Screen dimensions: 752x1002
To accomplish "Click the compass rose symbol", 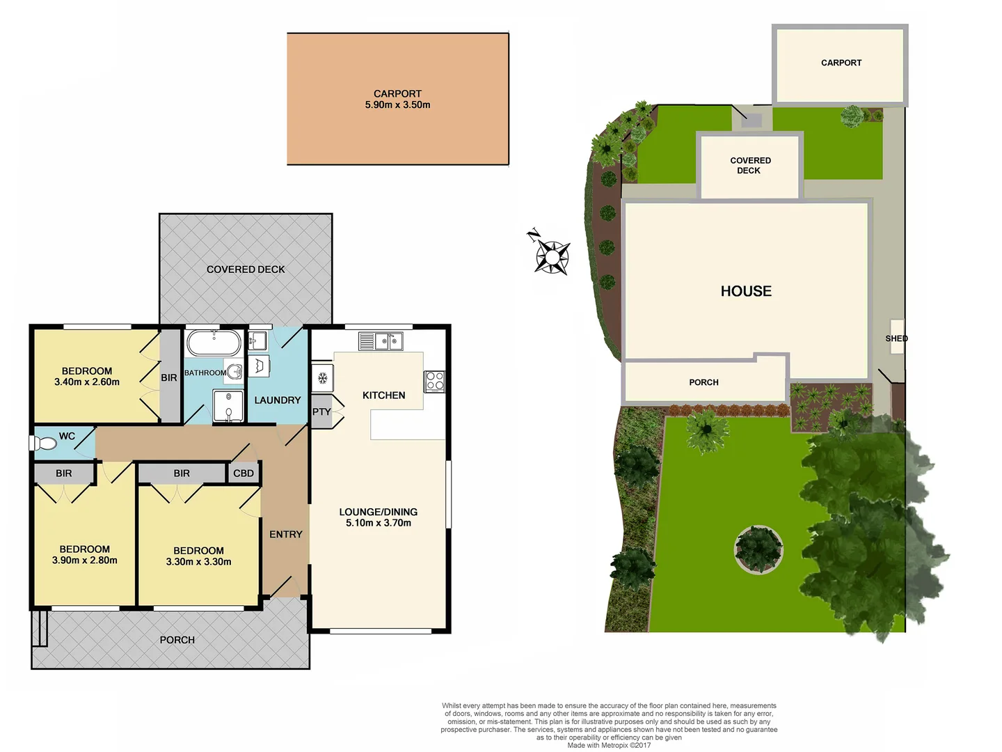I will [x=552, y=256].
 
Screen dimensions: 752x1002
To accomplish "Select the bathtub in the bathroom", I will [x=214, y=343].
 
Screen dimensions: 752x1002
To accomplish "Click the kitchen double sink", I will [x=381, y=341].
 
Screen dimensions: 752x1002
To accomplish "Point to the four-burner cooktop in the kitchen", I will [x=434, y=381].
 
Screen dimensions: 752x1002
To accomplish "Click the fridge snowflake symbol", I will [x=323, y=378].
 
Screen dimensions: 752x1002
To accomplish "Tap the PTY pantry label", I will [x=321, y=412].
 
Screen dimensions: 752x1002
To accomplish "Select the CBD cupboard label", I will [x=244, y=473].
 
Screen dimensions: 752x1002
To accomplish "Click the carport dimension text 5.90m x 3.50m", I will [x=397, y=105].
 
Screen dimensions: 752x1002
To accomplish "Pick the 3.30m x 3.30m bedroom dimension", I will [x=198, y=562].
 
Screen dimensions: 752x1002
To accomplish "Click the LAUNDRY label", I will [x=277, y=400].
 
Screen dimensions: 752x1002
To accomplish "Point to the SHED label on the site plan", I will [x=896, y=338].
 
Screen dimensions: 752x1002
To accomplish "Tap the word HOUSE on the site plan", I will [x=746, y=291].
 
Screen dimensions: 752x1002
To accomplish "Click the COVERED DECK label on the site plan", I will [x=750, y=165].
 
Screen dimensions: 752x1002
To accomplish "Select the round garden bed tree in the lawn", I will [x=758, y=549].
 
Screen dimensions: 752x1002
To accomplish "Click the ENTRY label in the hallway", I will [x=286, y=534].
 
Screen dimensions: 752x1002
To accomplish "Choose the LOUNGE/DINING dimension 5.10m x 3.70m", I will [x=379, y=523].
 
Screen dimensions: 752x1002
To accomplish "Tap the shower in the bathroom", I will [x=228, y=406].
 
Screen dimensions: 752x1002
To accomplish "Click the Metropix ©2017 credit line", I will [x=609, y=745].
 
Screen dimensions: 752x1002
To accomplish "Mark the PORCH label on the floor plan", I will [x=177, y=640].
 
